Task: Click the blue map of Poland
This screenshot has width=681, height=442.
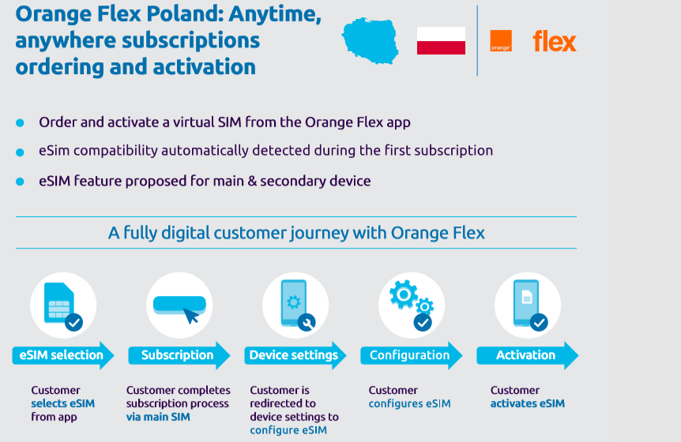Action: [x=370, y=41]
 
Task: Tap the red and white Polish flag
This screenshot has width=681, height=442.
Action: [x=441, y=41]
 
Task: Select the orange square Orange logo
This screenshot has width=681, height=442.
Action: [x=501, y=41]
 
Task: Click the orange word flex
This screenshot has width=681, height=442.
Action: [x=555, y=41]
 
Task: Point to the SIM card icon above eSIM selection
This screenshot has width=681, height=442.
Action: [x=59, y=303]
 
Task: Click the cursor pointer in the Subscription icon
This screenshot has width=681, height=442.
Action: [x=191, y=316]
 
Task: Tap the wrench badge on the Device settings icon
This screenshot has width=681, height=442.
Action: [x=307, y=322]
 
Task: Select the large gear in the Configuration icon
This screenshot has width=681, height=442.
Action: [x=404, y=294]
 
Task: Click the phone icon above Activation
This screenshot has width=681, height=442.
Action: [x=526, y=303]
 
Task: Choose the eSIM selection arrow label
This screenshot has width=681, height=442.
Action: [x=63, y=355]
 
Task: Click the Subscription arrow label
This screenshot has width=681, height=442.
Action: [x=179, y=355]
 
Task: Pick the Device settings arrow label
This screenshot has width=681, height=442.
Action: [x=295, y=355]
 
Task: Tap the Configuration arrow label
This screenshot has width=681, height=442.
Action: [x=412, y=355]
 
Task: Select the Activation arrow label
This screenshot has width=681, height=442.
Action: [x=527, y=355]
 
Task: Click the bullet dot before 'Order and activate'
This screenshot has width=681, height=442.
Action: [x=20, y=123]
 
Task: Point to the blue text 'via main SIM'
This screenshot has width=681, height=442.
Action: [x=158, y=417]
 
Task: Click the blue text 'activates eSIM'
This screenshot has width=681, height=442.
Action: [x=528, y=403]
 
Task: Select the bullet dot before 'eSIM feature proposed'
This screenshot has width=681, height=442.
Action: [x=20, y=182]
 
